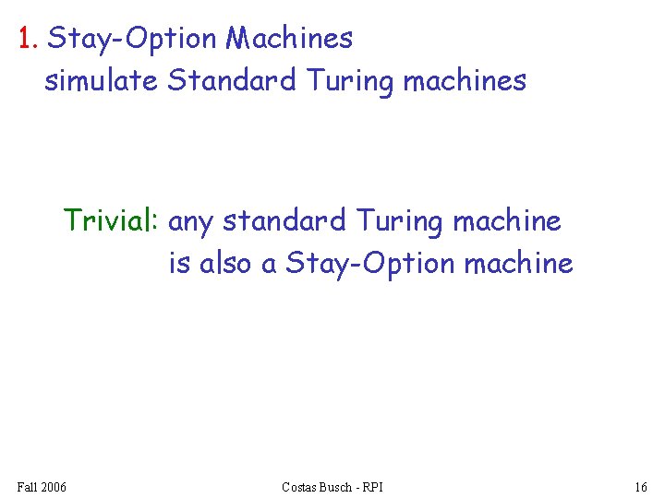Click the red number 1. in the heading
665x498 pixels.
(29, 39)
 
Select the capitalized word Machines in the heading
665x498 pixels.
(289, 39)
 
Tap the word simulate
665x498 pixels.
(102, 81)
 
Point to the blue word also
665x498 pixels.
(226, 264)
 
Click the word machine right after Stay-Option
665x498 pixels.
(518, 264)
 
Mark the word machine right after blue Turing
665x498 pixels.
(507, 221)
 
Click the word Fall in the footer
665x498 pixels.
(28, 487)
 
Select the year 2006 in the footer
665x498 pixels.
(54, 487)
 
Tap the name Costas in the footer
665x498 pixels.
(301, 487)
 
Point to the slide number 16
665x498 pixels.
(641, 487)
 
